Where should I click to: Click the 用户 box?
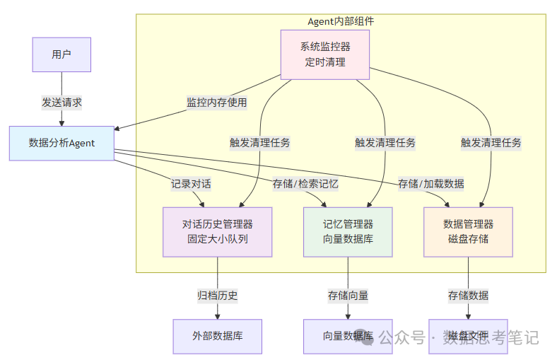coord(61,54)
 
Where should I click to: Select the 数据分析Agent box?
coord(61,143)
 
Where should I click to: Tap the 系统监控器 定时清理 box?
coord(325,54)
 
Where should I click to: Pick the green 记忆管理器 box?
coord(348,231)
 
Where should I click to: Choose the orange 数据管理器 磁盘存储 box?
coord(468,231)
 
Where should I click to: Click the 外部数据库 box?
coord(217,336)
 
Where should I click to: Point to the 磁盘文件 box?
coord(468,336)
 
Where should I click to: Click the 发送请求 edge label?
coord(61,103)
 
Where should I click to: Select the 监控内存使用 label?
coord(216,103)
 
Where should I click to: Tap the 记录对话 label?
coord(191,184)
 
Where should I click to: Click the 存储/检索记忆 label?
coord(305,184)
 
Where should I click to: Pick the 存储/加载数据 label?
coord(430,184)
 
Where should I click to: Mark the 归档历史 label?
coord(217,295)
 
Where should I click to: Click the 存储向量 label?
coord(348,295)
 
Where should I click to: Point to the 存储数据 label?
coord(468,295)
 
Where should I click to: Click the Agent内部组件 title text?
coord(341,21)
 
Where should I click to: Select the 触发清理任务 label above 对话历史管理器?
coord(259,142)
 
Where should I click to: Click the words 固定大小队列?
coord(217,238)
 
